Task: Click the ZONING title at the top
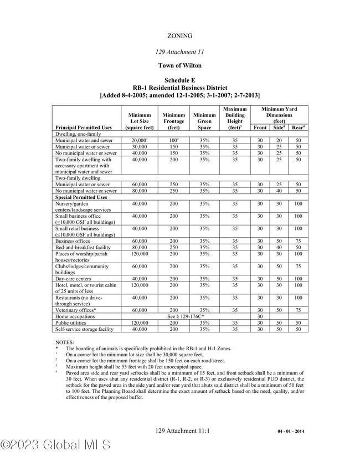(179, 35)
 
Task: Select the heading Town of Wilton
(179, 65)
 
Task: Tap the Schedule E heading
(179, 80)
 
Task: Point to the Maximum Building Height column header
(235, 117)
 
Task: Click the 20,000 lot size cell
(139, 141)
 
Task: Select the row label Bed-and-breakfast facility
(83, 247)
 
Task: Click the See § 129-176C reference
(186, 316)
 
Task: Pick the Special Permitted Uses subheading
(81, 197)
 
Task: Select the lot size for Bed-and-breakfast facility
(139, 247)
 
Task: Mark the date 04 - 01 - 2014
(291, 431)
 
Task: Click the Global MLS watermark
(55, 444)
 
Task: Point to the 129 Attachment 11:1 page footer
(182, 430)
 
